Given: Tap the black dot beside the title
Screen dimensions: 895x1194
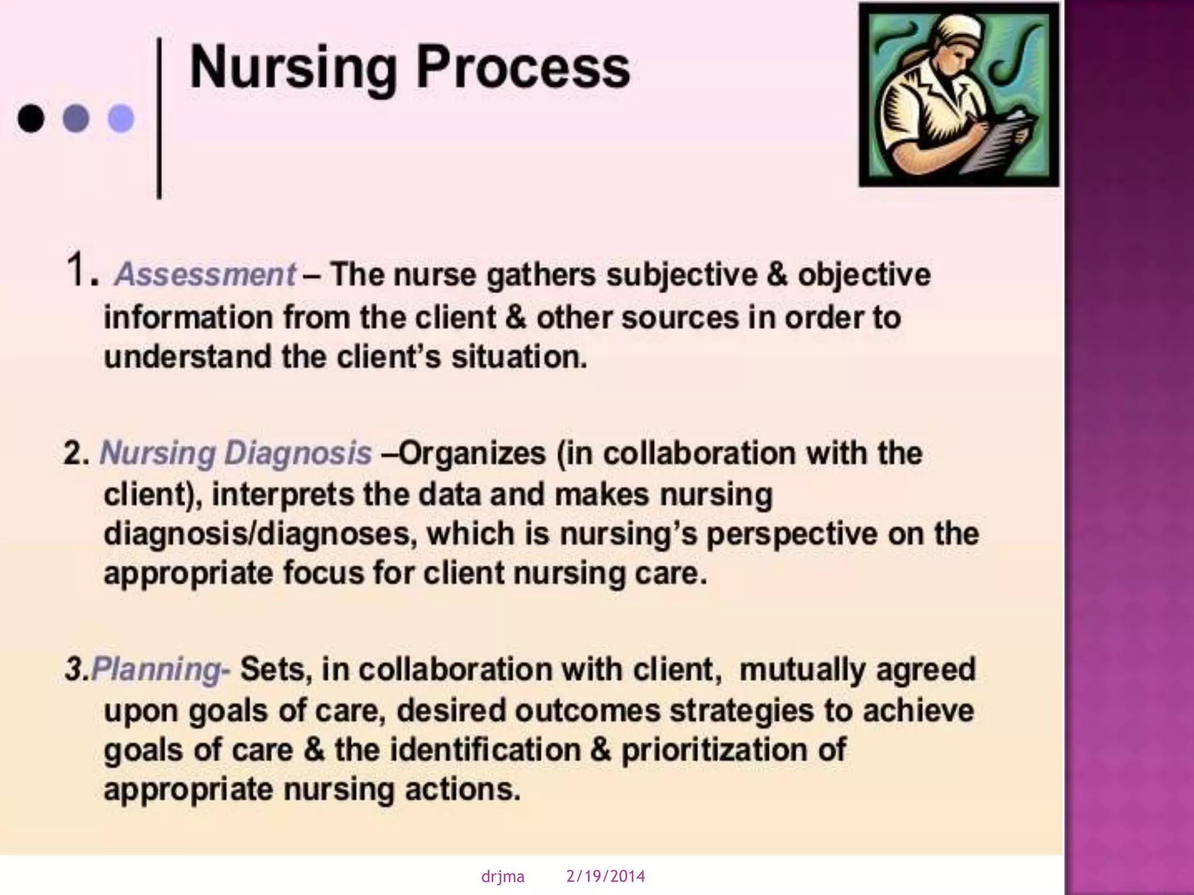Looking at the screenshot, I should click(x=31, y=119).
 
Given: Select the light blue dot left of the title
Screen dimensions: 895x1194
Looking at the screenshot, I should click(x=121, y=119).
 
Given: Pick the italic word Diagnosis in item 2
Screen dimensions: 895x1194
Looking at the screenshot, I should click(x=298, y=453).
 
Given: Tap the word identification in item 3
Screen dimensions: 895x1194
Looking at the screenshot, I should click(x=485, y=749).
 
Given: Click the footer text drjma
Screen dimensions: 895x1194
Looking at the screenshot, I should click(x=503, y=876).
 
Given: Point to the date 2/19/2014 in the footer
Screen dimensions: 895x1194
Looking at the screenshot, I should click(x=606, y=876).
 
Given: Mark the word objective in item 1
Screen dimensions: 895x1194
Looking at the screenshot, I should click(x=864, y=275).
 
